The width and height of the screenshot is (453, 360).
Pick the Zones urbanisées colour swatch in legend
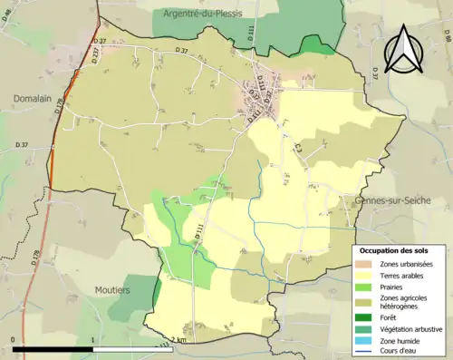pyautogui.click(x=367, y=264)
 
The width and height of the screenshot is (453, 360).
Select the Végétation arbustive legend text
pyautogui.click(x=411, y=327)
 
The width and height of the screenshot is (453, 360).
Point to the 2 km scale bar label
pyautogui.click(x=178, y=339)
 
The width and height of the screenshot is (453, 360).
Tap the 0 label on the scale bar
pyautogui.click(x=14, y=339)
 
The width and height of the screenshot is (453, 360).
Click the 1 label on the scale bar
pyautogui.click(x=94, y=339)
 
